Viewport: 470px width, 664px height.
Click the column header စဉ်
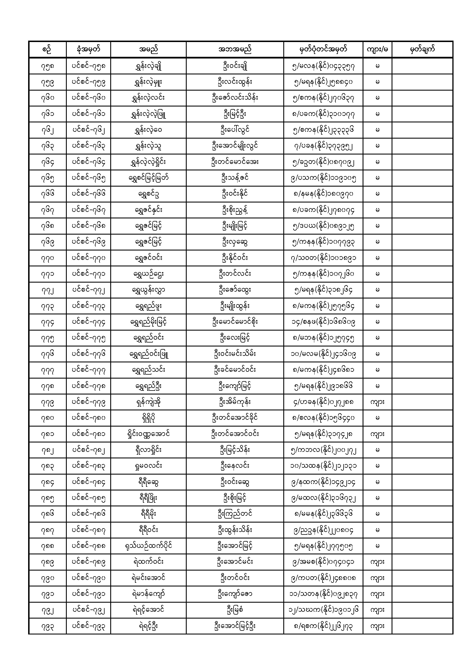47,49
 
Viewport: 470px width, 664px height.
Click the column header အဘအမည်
235,49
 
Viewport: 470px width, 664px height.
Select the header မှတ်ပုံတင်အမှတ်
323,49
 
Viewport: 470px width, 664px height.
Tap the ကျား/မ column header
377,49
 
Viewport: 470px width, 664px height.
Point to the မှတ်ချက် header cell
422,49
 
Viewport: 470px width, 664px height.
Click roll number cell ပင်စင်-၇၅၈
88,66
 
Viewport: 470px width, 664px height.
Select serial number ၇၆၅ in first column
47,178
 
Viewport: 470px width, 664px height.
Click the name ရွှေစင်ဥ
148,194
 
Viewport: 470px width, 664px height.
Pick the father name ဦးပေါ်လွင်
235,130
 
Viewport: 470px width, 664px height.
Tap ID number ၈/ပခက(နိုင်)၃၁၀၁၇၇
323,114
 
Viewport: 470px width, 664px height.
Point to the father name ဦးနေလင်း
235,466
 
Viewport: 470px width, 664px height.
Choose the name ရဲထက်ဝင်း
148,562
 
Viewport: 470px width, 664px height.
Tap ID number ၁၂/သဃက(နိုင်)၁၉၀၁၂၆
323,610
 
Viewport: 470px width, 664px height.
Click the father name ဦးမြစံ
235,610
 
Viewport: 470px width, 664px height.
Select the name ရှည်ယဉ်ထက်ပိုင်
148,546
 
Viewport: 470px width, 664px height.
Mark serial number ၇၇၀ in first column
47,258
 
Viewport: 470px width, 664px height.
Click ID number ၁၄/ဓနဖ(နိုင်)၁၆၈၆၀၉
323,322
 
